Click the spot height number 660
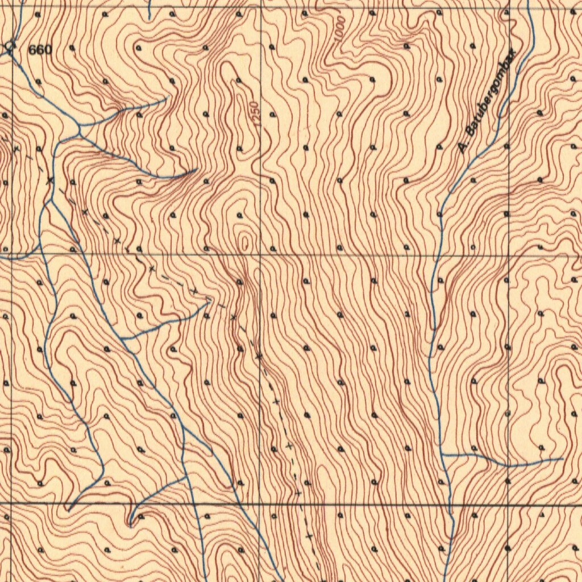pyautogui.click(x=40, y=50)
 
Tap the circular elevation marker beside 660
pyautogui.click(x=10, y=45)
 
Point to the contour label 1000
pyautogui.click(x=339, y=28)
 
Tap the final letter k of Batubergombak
pyautogui.click(x=515, y=52)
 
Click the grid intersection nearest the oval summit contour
pyautogui.click(x=260, y=254)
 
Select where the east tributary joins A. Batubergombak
pyautogui.click(x=443, y=455)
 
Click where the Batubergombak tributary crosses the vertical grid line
pyautogui.click(x=508, y=465)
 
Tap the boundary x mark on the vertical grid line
pyautogui.click(x=259, y=357)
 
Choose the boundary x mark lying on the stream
pyautogui.click(x=50, y=181)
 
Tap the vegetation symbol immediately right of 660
pyautogui.click(x=72, y=48)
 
